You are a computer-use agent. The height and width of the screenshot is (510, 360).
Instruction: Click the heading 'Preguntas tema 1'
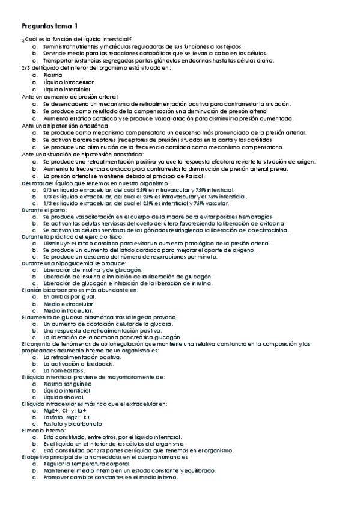pyautogui.click(x=49, y=26)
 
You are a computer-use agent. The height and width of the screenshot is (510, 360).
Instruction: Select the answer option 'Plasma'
pyautogui.click(x=53, y=75)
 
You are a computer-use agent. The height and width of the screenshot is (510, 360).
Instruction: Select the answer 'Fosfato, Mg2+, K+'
pyautogui.click(x=67, y=417)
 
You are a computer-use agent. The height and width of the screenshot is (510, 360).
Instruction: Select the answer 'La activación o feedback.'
pyautogui.click(x=78, y=364)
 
